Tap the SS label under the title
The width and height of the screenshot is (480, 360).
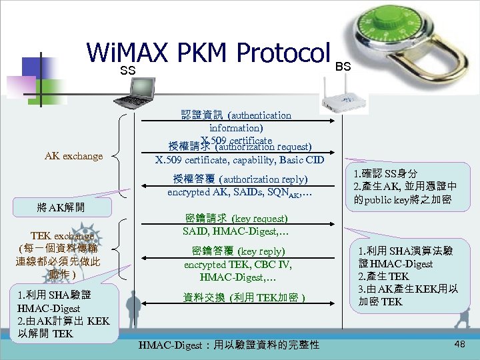point(127,71)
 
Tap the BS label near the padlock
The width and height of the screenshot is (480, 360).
point(343,67)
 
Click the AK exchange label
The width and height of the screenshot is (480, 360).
point(73,156)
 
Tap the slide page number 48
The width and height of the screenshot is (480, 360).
point(459,343)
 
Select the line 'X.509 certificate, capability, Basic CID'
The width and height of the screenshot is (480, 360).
point(239,160)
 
